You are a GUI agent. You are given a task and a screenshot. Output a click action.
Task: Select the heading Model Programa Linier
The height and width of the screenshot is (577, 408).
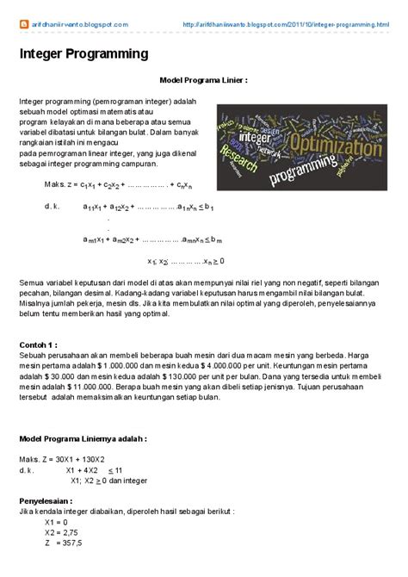tap(204, 79)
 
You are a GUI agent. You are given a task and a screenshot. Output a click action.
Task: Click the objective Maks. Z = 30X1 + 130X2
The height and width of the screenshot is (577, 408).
tap(73, 460)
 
